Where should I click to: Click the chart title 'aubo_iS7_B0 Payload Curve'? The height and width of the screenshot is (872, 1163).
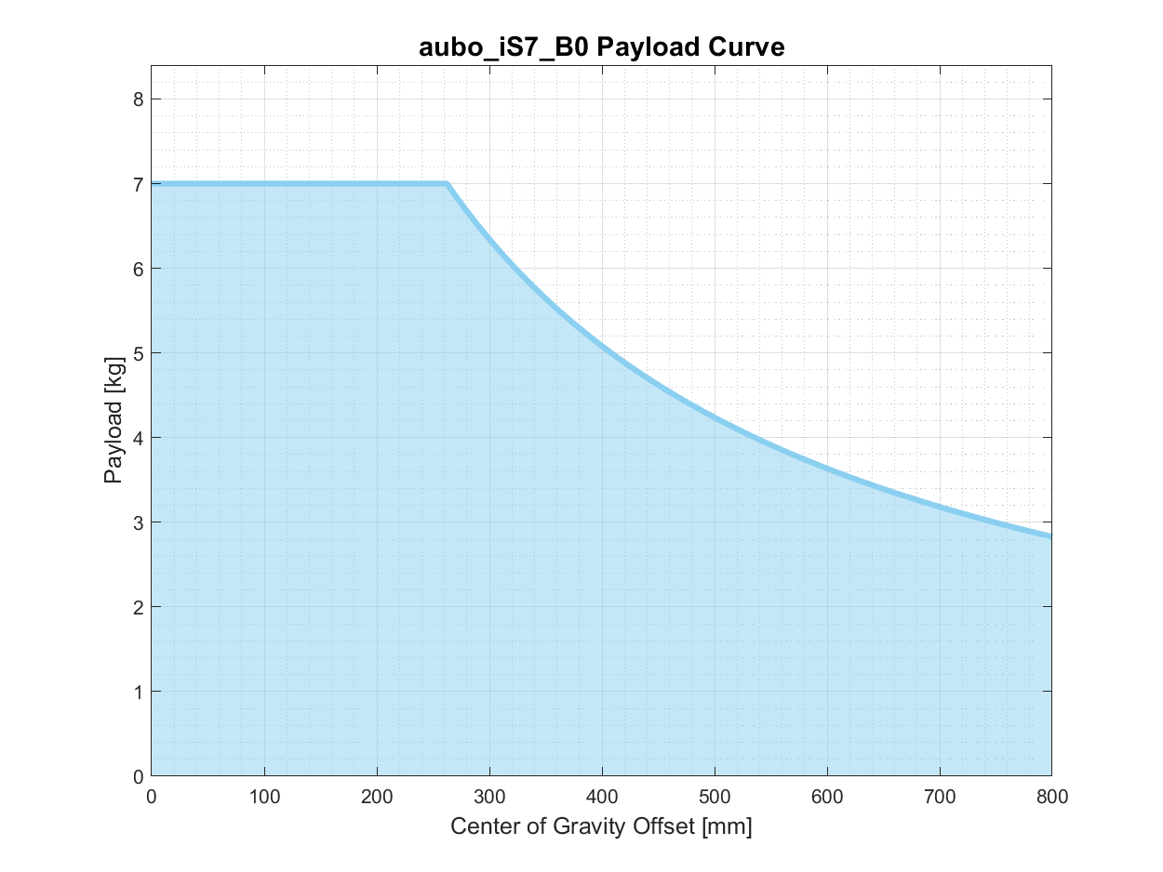601,47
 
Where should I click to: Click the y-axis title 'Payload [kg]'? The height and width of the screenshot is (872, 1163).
114,420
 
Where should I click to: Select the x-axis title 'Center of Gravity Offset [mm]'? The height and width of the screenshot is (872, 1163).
601,826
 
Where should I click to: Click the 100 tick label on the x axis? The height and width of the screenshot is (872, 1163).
264,797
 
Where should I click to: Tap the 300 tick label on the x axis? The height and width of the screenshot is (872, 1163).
489,797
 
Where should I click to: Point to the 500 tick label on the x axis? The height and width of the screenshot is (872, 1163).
715,797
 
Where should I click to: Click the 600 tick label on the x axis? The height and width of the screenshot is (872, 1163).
827,797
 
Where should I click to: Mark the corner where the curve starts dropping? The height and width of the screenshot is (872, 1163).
447,184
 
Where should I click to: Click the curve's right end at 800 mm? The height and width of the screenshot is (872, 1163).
1050,535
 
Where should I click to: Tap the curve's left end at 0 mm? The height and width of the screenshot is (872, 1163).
153,184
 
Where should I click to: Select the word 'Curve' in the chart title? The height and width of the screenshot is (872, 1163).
747,47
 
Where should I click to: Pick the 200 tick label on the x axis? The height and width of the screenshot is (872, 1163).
377,797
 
